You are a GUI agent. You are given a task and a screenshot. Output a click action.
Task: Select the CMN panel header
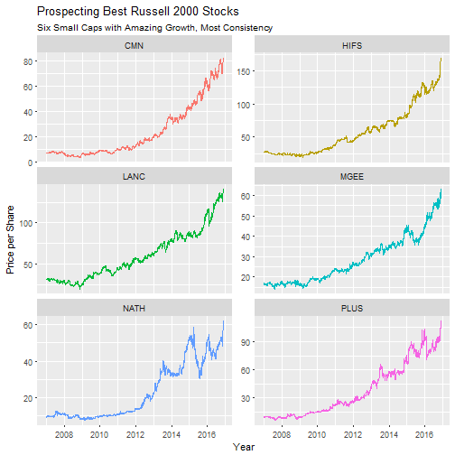tap(133, 44)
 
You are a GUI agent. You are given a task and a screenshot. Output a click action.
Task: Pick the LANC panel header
tap(133, 176)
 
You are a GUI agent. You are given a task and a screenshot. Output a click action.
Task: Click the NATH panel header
tap(133, 308)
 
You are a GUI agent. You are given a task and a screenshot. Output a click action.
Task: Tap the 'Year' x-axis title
tap(243, 446)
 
